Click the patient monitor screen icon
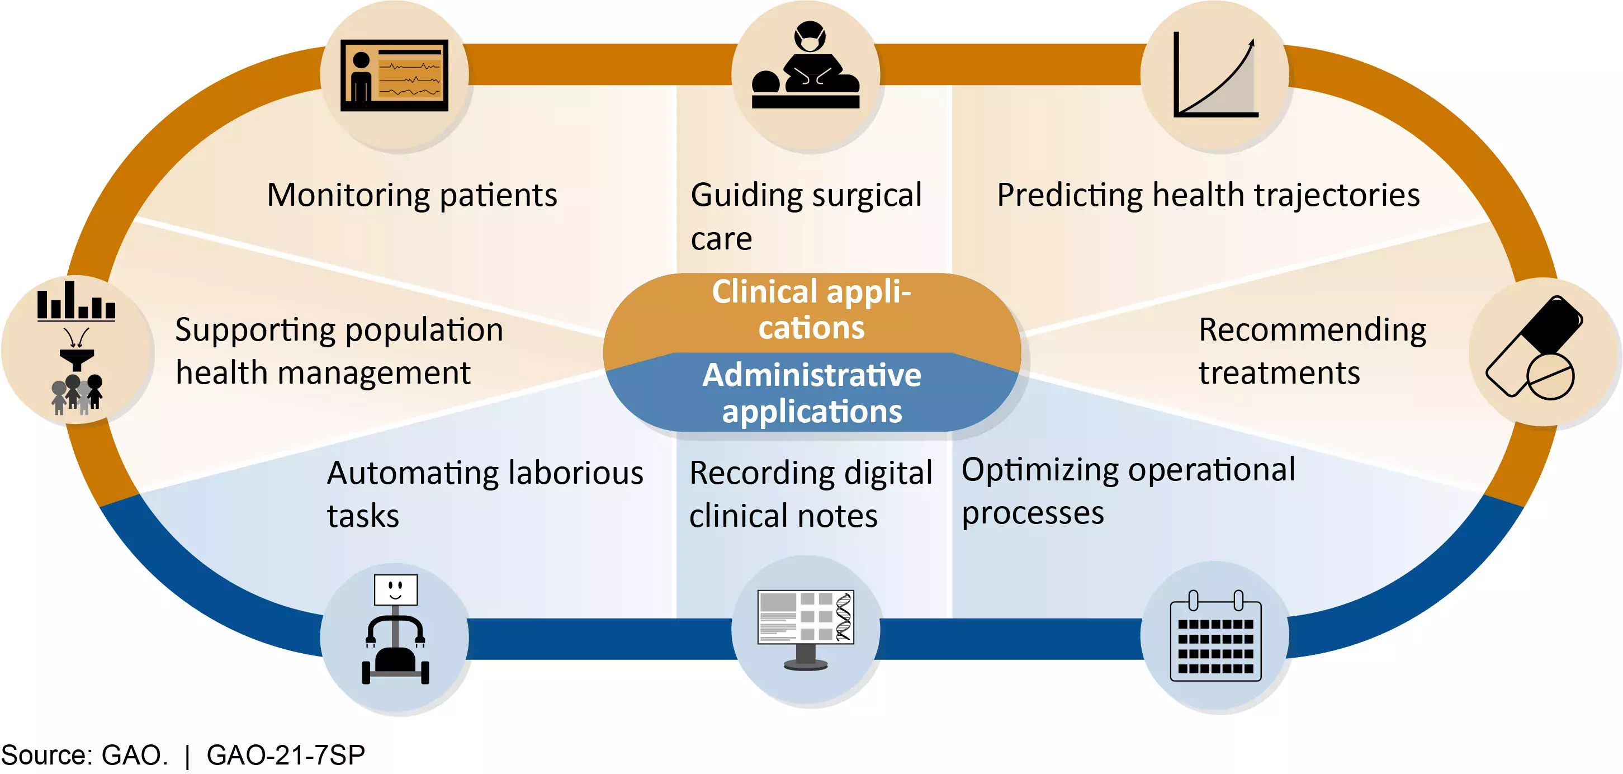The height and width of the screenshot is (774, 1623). tap(394, 75)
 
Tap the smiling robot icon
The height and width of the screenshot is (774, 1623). tap(395, 630)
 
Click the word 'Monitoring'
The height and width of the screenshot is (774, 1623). tap(348, 195)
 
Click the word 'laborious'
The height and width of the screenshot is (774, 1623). tap(576, 473)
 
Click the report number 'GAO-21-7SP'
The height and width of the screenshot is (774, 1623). tap(286, 754)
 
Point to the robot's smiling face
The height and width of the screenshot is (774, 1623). tap(396, 589)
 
